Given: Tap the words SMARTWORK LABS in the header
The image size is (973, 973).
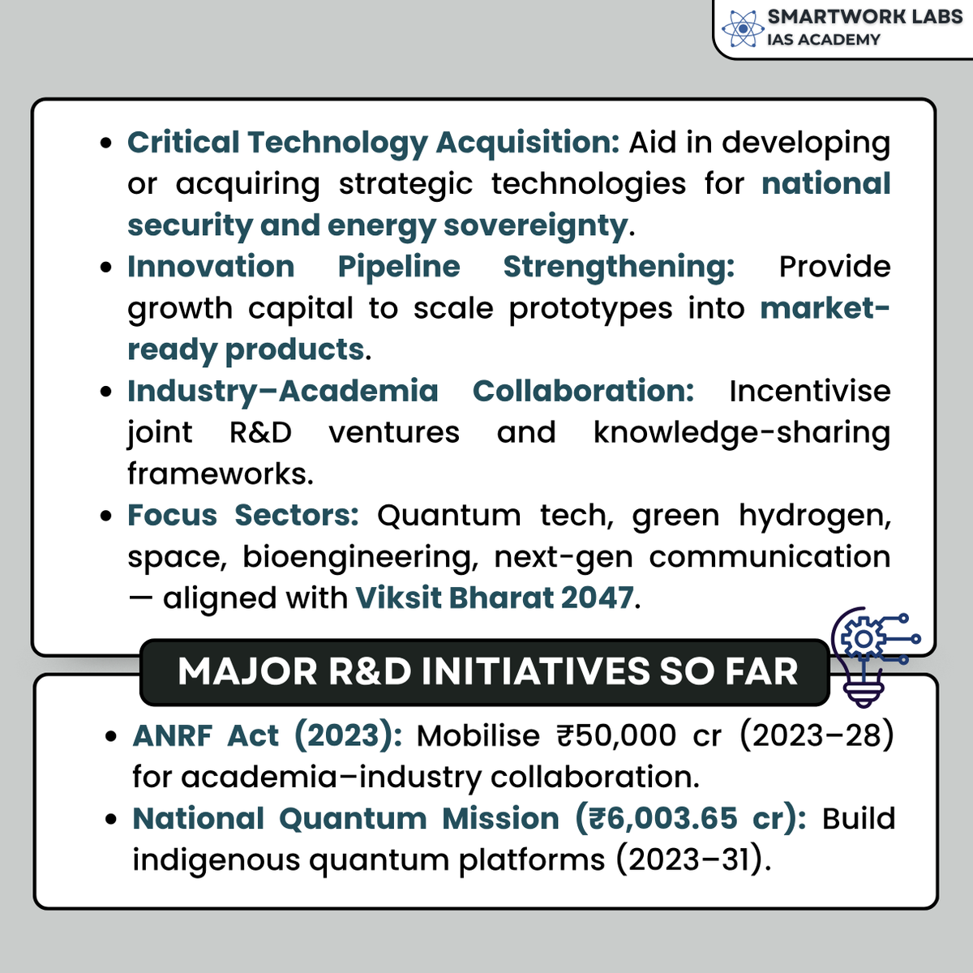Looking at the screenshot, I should (x=864, y=17).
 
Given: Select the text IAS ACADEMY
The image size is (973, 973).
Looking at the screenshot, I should (x=823, y=40).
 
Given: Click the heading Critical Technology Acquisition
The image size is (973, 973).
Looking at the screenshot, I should (x=373, y=143).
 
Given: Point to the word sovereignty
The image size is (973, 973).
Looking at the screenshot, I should (x=535, y=225).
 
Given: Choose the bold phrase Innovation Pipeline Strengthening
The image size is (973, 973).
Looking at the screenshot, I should (x=431, y=267).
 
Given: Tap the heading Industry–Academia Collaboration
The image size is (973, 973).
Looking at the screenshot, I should (x=410, y=391).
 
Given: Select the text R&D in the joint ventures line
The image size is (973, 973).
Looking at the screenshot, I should (x=260, y=432).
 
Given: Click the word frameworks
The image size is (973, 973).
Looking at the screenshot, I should (x=219, y=474).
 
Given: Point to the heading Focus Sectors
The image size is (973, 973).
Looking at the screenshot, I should (x=242, y=516).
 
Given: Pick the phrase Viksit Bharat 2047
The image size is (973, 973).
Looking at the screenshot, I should (x=495, y=598).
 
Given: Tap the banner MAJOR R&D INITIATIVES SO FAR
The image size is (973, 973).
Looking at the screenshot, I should (x=487, y=672).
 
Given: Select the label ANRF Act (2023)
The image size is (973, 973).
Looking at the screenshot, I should (x=267, y=736).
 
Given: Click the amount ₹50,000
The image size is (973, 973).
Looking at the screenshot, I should (x=615, y=736).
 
